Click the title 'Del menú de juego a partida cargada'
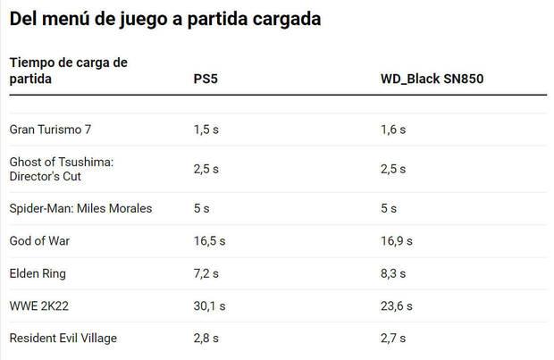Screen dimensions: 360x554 [x=164, y=18]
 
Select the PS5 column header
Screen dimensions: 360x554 [x=205, y=79]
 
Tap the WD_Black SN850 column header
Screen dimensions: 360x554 [x=432, y=79]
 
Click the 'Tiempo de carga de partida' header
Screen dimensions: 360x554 [x=68, y=71]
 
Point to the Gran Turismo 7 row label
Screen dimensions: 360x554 [x=50, y=130]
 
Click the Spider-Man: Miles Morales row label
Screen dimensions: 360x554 [x=80, y=208]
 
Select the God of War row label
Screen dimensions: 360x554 [x=39, y=240]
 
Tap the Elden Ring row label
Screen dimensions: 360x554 [x=38, y=273]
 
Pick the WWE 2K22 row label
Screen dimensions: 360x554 [x=39, y=306]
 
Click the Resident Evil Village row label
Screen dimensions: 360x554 [x=63, y=338]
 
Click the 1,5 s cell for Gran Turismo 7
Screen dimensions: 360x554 [x=206, y=130]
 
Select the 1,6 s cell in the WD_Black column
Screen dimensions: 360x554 [x=393, y=130]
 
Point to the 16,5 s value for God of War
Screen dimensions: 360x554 [x=209, y=240]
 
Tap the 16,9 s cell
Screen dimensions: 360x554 [x=397, y=240]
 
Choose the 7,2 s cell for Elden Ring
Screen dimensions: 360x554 [x=206, y=273]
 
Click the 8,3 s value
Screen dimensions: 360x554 [x=393, y=273]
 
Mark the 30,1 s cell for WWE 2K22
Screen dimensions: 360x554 [x=209, y=306]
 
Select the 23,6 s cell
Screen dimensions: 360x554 [x=397, y=306]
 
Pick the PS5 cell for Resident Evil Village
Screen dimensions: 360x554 [x=206, y=338]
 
